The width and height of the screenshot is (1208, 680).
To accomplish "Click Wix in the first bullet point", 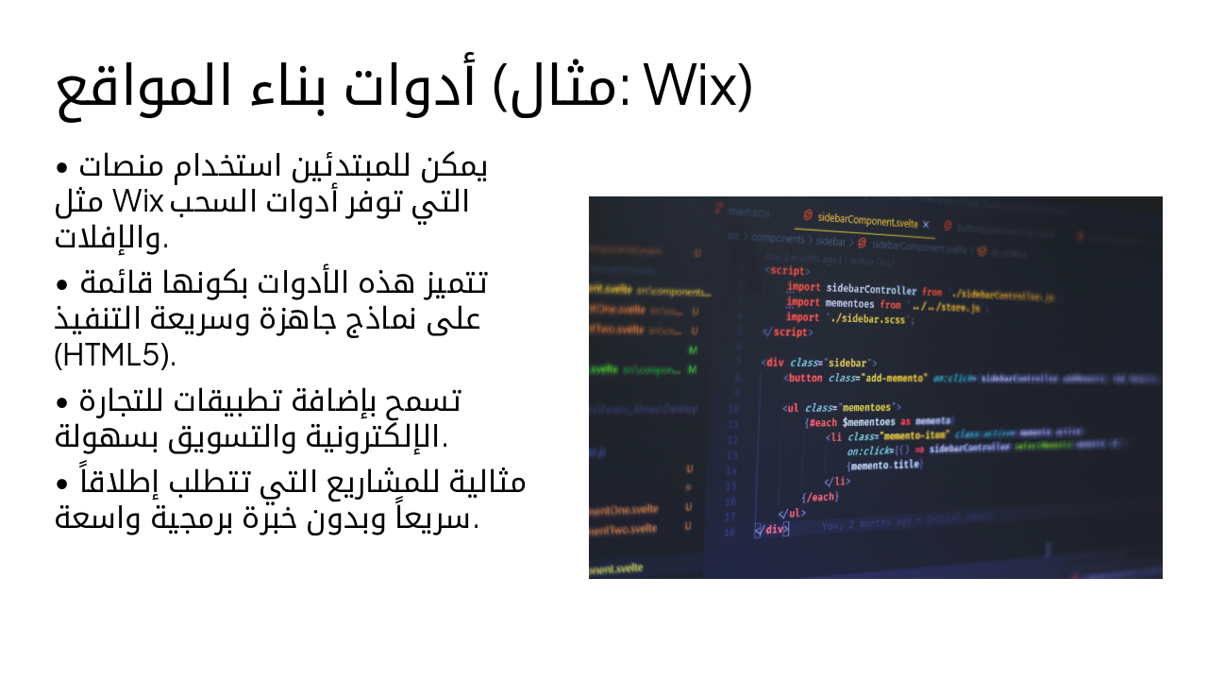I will (x=139, y=202).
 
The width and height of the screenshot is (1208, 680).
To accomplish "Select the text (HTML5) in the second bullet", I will (x=115, y=356).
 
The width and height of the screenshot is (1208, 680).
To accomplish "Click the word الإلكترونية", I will (x=391, y=437).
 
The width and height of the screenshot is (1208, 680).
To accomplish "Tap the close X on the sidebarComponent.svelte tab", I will (x=926, y=225).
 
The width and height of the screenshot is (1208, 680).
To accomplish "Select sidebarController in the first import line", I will (x=871, y=290).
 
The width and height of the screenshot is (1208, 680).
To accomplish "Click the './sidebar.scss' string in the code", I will (x=865, y=319).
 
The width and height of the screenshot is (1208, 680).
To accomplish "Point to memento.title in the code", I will (x=884, y=465).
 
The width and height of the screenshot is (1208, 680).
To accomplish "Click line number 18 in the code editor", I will (x=730, y=532).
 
